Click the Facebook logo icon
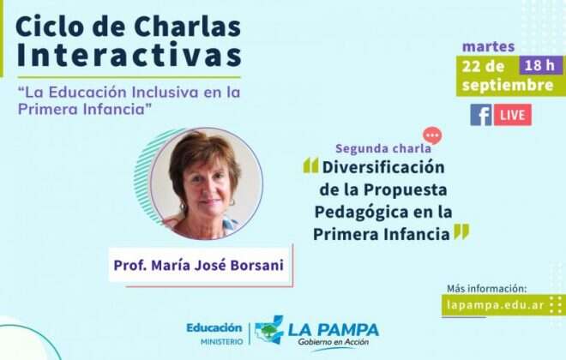pyautogui.click(x=480, y=115)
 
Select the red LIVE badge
pyautogui.click(x=512, y=115)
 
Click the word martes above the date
pyautogui.click(x=488, y=45)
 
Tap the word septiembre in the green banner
pyautogui.click(x=508, y=85)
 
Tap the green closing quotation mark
pyautogui.click(x=461, y=231)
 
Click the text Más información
pyautogui.click(x=486, y=288)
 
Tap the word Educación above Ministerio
pyautogui.click(x=214, y=327)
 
